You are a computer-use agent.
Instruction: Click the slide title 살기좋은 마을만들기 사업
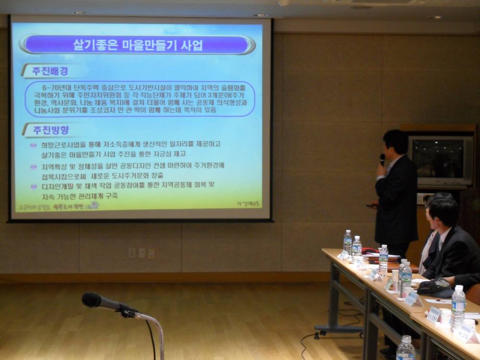[138, 45]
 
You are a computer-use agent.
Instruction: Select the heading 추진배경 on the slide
[50, 71]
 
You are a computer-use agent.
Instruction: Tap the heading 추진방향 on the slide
[50, 130]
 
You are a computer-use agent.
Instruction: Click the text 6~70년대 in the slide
[55, 88]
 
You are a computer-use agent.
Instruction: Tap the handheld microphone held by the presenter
[382, 159]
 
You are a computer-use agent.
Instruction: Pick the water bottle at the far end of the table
[348, 241]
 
